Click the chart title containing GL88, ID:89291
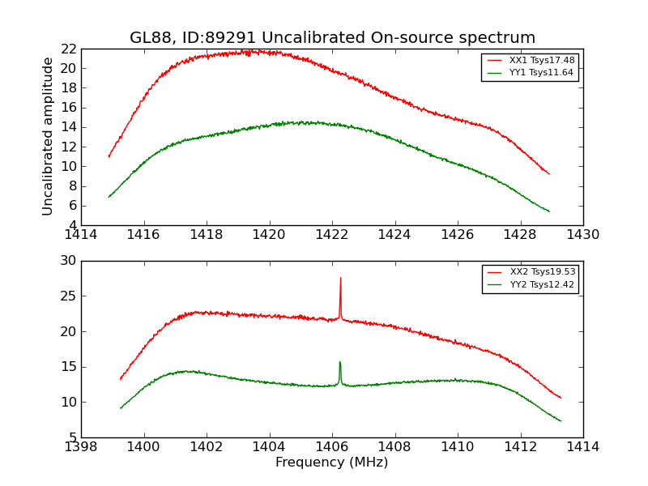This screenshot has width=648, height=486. click(332, 38)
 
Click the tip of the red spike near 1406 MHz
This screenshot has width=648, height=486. click(340, 278)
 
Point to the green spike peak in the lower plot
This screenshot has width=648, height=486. click(339, 362)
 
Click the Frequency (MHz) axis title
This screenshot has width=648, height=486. click(332, 463)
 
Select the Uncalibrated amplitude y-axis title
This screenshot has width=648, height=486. click(48, 136)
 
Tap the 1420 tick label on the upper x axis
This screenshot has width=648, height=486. click(269, 234)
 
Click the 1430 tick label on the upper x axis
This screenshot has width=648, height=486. click(582, 234)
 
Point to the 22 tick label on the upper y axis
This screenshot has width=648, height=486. click(68, 49)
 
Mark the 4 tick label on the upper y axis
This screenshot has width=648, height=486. click(72, 225)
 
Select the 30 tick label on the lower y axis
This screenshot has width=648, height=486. click(68, 261)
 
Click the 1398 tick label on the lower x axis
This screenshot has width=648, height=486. click(81, 446)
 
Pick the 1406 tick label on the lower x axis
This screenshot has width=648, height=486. click(332, 446)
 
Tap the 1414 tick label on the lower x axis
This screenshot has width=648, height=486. click(582, 446)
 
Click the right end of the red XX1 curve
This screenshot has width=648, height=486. click(549, 174)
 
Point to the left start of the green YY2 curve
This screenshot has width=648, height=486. click(121, 407)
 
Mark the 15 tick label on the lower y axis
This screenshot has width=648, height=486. click(68, 367)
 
